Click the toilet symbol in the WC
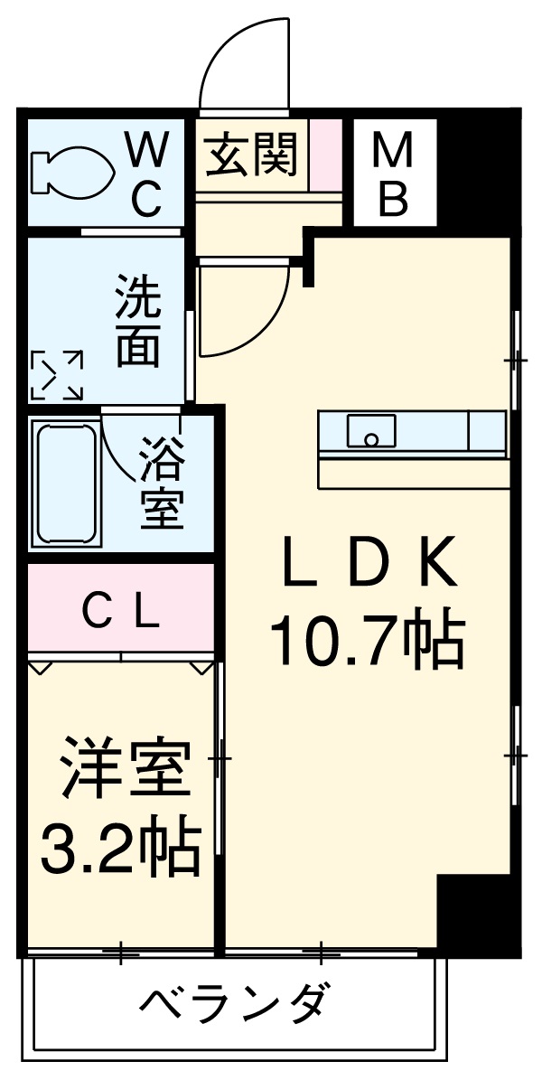pyautogui.click(x=70, y=172)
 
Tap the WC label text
pyautogui.click(x=146, y=172)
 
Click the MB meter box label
pyautogui.click(x=393, y=174)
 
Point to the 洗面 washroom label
pyautogui.click(x=138, y=321)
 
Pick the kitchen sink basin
pyautogui.click(x=369, y=431)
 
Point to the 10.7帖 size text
pyautogui.click(x=366, y=640)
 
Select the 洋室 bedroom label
pyautogui.click(x=126, y=768)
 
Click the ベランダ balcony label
pyautogui.click(x=233, y=1002)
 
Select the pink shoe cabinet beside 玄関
pyautogui.click(x=326, y=155)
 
